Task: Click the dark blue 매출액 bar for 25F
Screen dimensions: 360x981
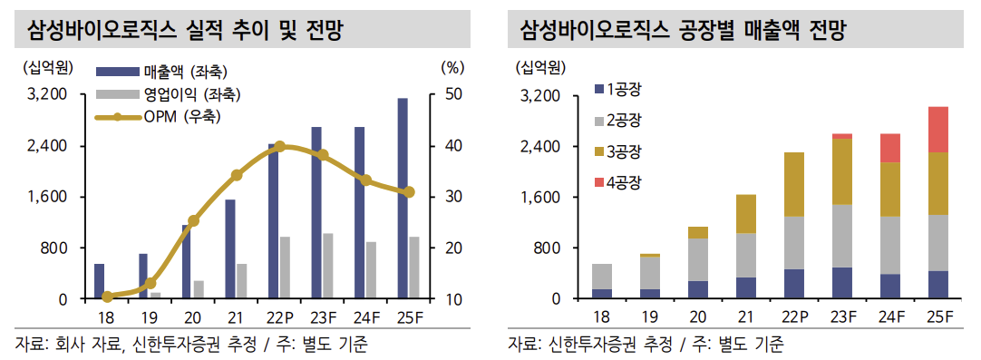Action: [x=403, y=199]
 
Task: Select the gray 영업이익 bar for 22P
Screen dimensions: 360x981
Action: [x=285, y=268]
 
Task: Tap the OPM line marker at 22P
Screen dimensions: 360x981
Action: [x=279, y=146]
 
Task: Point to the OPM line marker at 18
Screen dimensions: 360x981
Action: [x=108, y=297]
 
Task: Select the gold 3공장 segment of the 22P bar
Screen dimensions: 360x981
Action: [x=793, y=184]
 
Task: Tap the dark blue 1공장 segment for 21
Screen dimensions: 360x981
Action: [x=745, y=288]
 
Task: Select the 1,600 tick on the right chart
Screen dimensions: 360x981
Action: [x=543, y=197]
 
